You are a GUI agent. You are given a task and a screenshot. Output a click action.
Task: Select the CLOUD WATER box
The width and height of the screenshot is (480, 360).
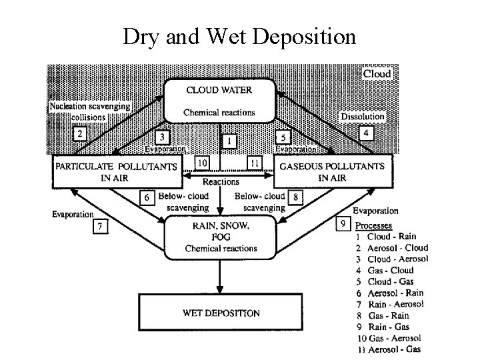click(x=220, y=100)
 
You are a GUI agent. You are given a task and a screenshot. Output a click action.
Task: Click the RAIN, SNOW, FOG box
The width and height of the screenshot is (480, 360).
click(x=220, y=237)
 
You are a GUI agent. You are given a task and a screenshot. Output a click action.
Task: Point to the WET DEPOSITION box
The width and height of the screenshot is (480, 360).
click(x=221, y=312)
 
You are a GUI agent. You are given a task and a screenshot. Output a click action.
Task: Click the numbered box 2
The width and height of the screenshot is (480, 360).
click(x=81, y=133)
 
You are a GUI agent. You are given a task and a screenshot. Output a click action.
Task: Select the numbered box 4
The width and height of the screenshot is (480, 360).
click(x=366, y=133)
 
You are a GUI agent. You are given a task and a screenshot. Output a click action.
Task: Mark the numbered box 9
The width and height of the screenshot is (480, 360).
click(x=343, y=224)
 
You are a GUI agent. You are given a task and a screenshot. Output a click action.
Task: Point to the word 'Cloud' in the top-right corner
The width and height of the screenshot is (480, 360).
click(x=376, y=73)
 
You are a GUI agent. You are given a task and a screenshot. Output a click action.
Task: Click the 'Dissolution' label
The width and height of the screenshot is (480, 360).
click(x=363, y=117)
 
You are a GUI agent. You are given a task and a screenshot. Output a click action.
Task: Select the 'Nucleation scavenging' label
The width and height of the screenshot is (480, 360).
click(x=89, y=106)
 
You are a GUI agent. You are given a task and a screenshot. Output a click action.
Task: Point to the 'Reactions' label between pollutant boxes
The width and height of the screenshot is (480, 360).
click(x=221, y=182)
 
